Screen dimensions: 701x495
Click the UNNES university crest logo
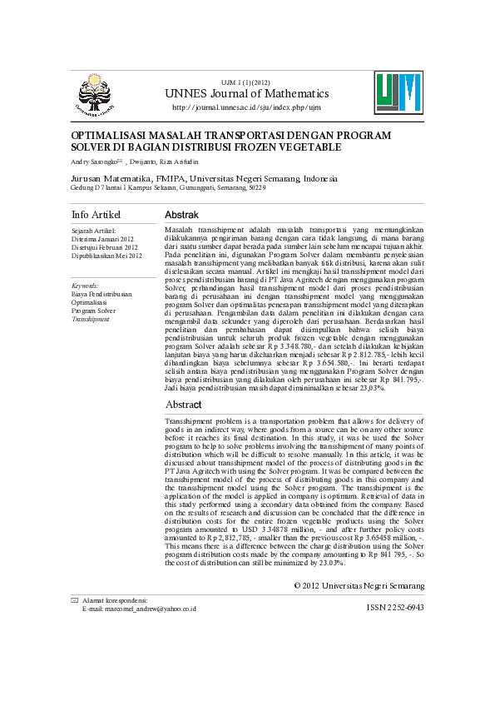pos(96,94)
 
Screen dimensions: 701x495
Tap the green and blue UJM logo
pos(398,92)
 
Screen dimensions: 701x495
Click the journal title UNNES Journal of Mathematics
pos(247,94)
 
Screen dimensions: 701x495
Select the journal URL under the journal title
pos(246,107)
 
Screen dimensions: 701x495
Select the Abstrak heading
pos(181,215)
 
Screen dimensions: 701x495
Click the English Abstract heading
pos(183,405)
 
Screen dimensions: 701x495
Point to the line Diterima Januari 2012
pos(102,238)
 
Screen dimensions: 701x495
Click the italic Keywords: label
pos(87,286)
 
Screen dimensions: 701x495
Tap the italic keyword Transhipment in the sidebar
pos(90,319)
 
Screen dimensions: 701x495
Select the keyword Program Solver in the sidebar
pos(94,311)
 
